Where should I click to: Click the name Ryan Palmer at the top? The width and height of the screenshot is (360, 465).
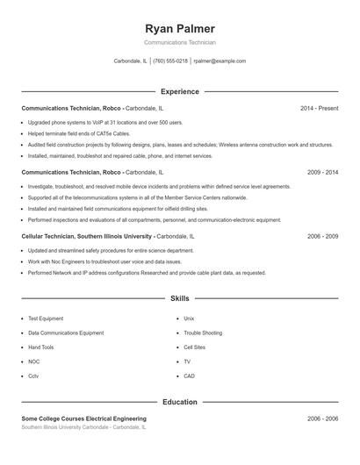click(x=179, y=28)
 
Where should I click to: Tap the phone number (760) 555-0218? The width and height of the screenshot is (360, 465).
click(x=170, y=61)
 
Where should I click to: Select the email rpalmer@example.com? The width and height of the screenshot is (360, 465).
click(x=220, y=61)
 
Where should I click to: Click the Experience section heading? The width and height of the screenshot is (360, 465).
click(x=179, y=91)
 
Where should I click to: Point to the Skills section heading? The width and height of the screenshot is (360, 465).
click(x=179, y=298)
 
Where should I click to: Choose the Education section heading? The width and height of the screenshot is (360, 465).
click(x=179, y=402)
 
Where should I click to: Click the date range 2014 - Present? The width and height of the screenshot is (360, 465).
click(x=319, y=108)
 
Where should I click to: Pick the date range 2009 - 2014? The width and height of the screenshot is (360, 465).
click(x=322, y=173)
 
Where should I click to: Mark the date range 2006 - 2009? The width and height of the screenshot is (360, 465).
click(x=322, y=237)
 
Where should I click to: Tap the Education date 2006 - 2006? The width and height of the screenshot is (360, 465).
click(x=322, y=419)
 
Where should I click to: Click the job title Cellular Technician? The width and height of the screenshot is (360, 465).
click(x=53, y=237)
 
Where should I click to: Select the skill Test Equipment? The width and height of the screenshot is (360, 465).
click(x=46, y=318)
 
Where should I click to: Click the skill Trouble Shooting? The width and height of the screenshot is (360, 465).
click(x=203, y=333)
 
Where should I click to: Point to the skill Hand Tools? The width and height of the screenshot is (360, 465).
click(x=40, y=347)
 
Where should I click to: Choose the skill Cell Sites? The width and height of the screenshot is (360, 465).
click(x=194, y=347)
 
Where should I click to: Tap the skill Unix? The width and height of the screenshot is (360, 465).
click(x=189, y=318)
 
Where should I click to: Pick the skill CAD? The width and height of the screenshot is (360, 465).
click(x=189, y=376)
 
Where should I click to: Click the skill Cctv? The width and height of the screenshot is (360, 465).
click(x=33, y=376)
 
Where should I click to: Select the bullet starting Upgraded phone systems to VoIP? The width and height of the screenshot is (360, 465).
click(x=105, y=123)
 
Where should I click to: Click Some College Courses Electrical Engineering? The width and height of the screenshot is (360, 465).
click(x=84, y=419)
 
